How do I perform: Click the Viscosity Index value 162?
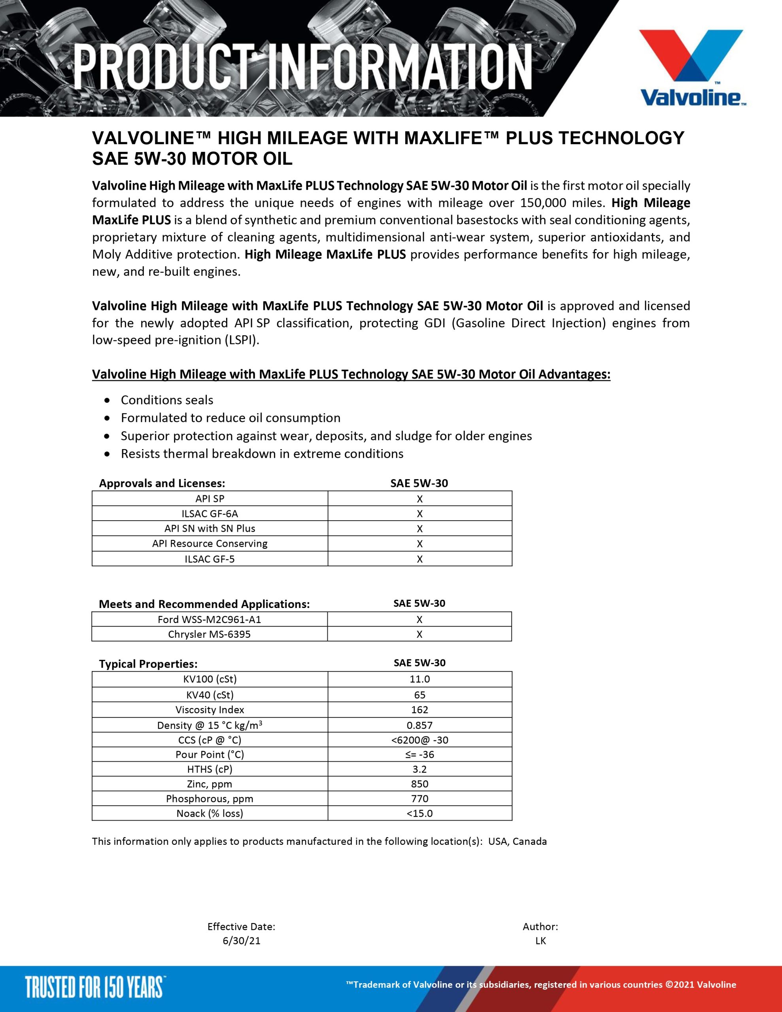419,710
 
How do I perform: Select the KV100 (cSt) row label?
210,679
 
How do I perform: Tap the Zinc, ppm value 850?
419,784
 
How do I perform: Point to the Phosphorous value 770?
419,799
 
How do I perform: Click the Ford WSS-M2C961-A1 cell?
210,619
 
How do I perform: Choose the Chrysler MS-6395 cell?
210,634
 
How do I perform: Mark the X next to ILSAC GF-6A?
419,514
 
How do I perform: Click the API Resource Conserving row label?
210,544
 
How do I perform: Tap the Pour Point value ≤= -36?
419,754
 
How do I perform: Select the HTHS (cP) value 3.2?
419,769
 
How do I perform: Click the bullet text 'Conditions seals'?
167,400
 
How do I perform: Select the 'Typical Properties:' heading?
148,664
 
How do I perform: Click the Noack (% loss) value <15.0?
419,813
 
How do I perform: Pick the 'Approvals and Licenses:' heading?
162,483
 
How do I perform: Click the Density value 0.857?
419,725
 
